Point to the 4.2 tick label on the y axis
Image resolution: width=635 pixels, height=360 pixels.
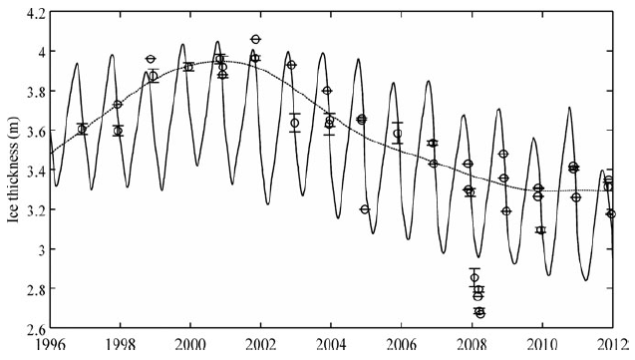click(x=35, y=13)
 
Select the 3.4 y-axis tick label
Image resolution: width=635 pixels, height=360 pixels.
click(x=35, y=171)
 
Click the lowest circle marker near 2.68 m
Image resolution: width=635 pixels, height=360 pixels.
click(x=479, y=312)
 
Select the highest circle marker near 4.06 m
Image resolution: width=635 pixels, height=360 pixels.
click(x=256, y=39)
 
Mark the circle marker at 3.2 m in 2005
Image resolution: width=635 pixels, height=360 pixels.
click(x=365, y=209)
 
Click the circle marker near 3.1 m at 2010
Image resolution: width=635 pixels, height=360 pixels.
click(x=540, y=230)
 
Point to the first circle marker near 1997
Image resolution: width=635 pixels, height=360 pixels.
click(x=82, y=129)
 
